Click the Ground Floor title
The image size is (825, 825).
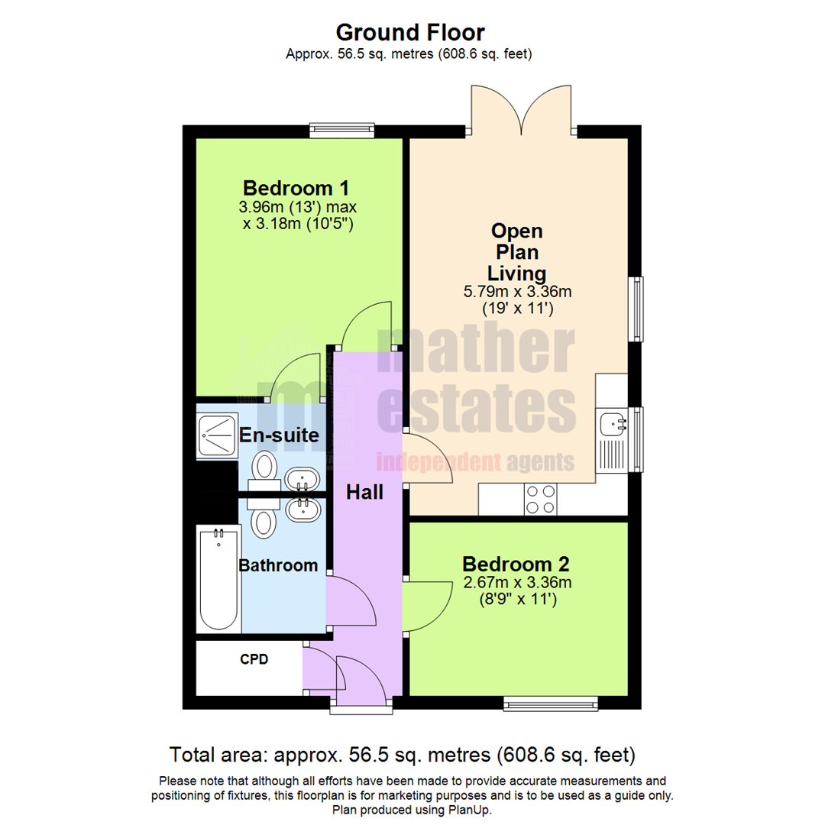pyautogui.click(x=410, y=33)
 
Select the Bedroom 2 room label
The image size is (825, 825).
pyautogui.click(x=516, y=565)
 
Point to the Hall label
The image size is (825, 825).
pyautogui.click(x=364, y=493)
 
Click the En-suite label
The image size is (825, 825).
pyautogui.click(x=279, y=435)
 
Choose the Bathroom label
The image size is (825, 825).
pyautogui.click(x=278, y=566)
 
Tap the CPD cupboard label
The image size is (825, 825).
pyautogui.click(x=254, y=659)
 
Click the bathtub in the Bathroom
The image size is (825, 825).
pyautogui.click(x=218, y=578)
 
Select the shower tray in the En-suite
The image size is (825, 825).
pyautogui.click(x=217, y=435)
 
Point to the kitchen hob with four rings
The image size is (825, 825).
pyautogui.click(x=540, y=500)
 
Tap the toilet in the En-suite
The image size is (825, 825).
pyautogui.click(x=264, y=467)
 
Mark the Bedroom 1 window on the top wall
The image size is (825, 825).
pyautogui.click(x=341, y=131)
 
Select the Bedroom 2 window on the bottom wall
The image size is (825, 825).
pyautogui.click(x=550, y=703)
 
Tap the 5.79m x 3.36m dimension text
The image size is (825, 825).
pyautogui.click(x=518, y=292)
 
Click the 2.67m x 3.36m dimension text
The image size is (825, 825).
pyautogui.click(x=516, y=583)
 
